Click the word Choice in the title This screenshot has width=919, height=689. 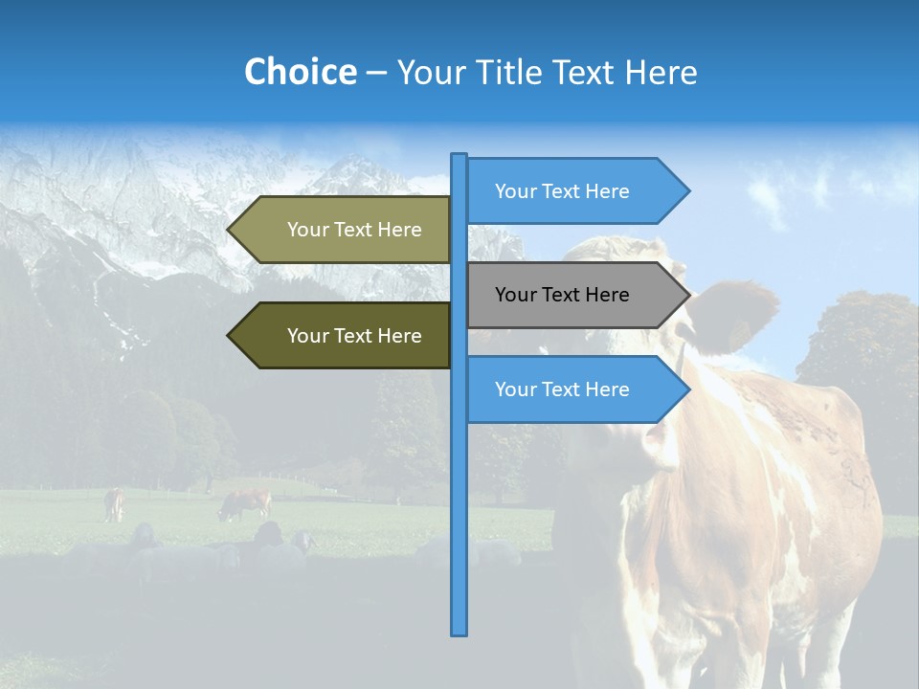click(300, 72)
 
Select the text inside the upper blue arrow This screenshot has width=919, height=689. click(562, 191)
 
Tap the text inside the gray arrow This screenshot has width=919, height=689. click(562, 295)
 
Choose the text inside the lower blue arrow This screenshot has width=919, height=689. click(562, 389)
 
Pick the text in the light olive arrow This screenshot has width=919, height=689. click(354, 230)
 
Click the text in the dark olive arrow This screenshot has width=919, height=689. click(354, 336)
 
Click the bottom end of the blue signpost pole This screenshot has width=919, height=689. click(459, 633)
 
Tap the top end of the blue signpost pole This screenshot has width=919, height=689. click(459, 156)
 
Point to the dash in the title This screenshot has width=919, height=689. click(376, 73)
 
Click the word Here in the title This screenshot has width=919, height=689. click(661, 72)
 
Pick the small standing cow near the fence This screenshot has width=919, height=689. click(114, 504)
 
